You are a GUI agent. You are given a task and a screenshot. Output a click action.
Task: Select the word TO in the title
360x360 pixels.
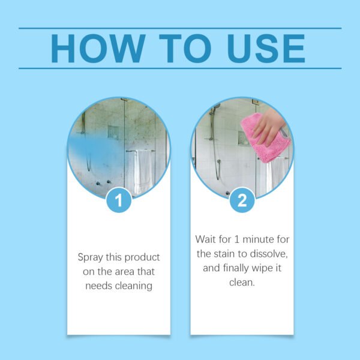coord(181,48)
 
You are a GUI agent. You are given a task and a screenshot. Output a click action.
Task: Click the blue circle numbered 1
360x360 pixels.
coord(119,200)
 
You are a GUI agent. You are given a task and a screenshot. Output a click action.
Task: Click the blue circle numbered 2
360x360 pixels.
coord(242,200)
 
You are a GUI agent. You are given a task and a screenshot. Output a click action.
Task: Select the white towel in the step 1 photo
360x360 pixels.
coord(142,171)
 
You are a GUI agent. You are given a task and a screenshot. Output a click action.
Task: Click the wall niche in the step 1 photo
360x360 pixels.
coord(113,132)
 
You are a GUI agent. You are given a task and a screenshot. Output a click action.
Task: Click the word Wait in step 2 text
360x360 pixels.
coord(206,239)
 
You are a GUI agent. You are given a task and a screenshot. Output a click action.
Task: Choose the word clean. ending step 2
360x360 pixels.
coord(242,282)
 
